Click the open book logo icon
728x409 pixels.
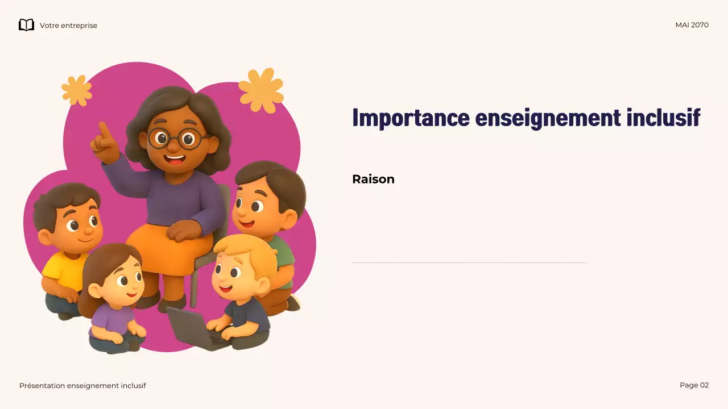(26, 25)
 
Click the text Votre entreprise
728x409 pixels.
(68, 26)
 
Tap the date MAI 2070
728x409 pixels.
(692, 25)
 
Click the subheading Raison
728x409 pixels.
(373, 179)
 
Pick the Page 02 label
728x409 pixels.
(694, 385)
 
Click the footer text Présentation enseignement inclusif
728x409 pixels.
(82, 386)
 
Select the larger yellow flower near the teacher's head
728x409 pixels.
(261, 90)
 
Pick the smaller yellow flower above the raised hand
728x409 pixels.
(77, 90)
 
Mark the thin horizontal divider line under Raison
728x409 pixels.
(469, 263)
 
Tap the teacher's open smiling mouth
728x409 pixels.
(175, 160)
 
